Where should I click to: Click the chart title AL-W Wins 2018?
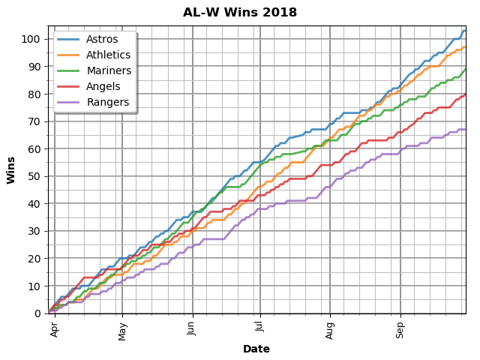[240, 13]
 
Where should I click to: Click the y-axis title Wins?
[12, 169]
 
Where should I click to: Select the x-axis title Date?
[256, 349]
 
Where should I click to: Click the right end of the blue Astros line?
[466, 31]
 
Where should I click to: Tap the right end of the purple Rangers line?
[466, 129]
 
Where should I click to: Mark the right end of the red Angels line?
[466, 94]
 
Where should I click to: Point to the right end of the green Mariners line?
[466, 69]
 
